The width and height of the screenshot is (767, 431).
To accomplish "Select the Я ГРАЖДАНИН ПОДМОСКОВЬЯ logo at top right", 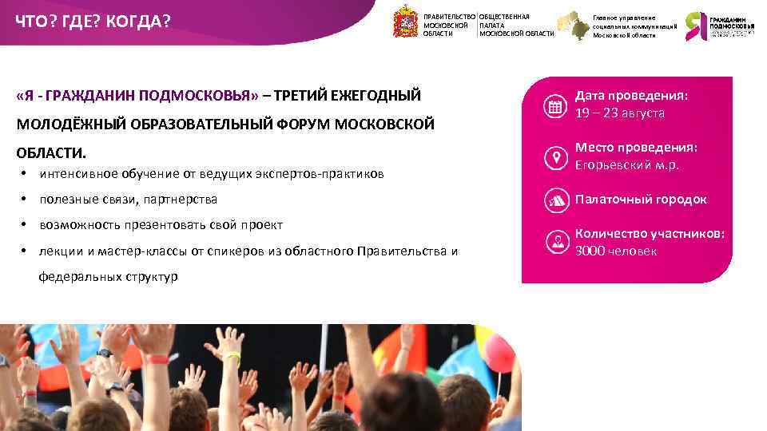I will point(720,26).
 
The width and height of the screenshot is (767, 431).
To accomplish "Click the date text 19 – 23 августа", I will point(620,113).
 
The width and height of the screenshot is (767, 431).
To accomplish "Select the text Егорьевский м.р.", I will point(627,165).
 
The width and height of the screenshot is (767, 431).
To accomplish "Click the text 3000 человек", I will point(616,251).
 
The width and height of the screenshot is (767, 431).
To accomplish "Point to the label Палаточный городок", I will point(641,200).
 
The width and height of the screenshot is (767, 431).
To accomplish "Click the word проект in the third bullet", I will point(263,225).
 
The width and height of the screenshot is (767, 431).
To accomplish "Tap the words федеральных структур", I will point(109,277).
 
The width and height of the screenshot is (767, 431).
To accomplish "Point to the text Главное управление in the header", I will point(624,18).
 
